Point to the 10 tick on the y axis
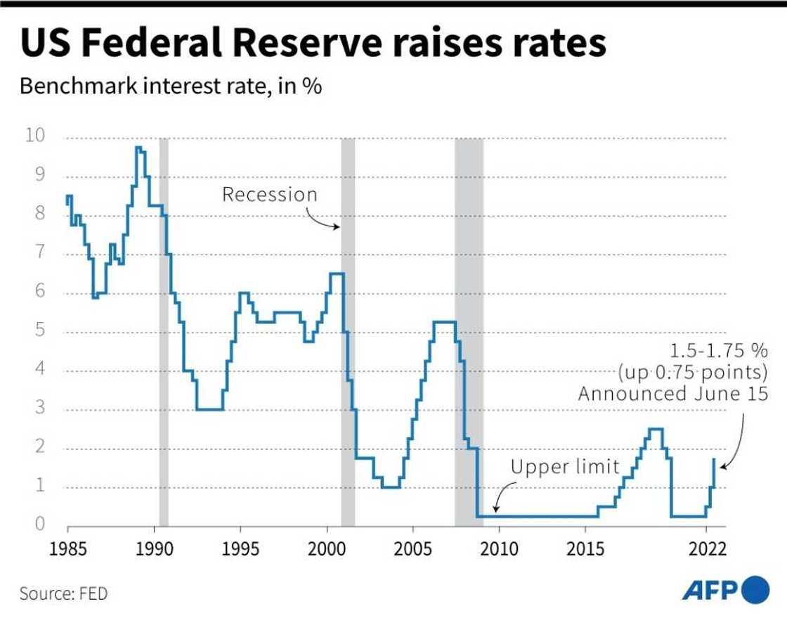click(34, 136)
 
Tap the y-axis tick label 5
click(40, 330)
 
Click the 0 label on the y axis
click(40, 524)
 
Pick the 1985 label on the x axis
click(67, 548)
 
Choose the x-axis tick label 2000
click(327, 548)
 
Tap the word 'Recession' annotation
click(270, 195)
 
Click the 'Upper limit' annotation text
click(565, 466)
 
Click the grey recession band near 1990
click(164, 330)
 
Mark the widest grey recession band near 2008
click(469, 330)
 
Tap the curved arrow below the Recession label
click(325, 221)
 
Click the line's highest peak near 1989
click(138, 148)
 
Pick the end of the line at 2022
click(714, 459)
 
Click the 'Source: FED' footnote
click(64, 593)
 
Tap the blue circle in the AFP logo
click(756, 588)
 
